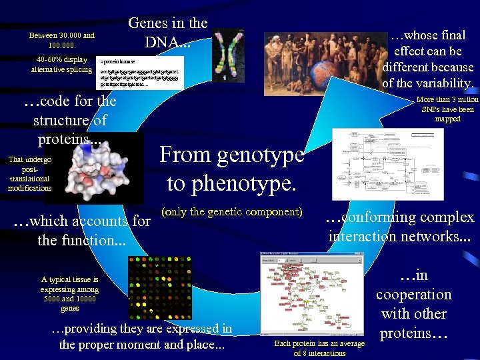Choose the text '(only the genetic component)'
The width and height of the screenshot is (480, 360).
pyautogui.click(x=232, y=212)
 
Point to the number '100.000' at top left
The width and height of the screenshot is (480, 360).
pyautogui.click(x=62, y=46)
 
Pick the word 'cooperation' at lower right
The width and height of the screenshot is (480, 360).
pyautogui.click(x=413, y=295)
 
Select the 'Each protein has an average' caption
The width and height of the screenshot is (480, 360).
pyautogui.click(x=319, y=343)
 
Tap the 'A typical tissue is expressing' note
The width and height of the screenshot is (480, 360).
pyautogui.click(x=69, y=294)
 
